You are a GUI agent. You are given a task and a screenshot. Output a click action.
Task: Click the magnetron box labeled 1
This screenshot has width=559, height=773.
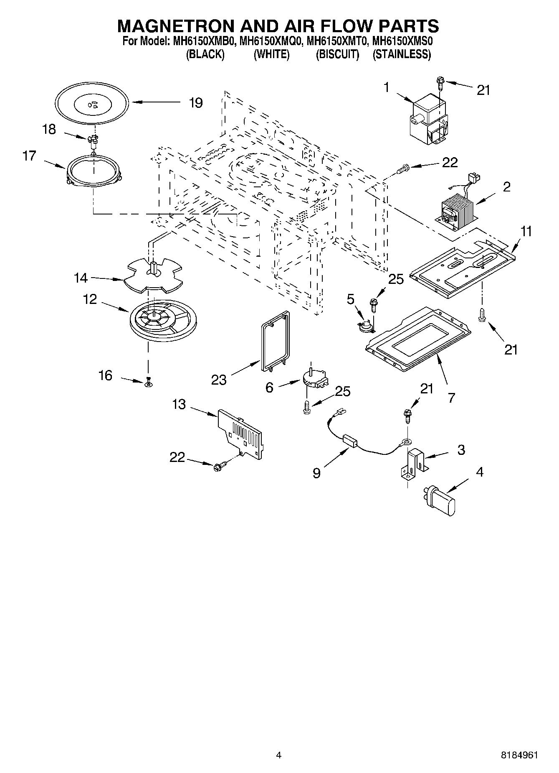pyautogui.click(x=428, y=119)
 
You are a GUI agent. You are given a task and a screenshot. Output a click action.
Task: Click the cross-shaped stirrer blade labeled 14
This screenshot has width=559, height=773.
pyautogui.click(x=155, y=276)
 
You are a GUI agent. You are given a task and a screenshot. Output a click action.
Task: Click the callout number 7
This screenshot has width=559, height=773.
pyautogui.click(x=451, y=397)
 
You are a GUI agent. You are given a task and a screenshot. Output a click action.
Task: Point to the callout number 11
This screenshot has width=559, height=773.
pyautogui.click(x=526, y=231)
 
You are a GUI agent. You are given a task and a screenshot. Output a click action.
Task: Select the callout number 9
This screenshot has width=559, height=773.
pyautogui.click(x=316, y=473)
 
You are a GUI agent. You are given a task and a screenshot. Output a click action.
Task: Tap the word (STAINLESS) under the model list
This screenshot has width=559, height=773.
pyautogui.click(x=401, y=55)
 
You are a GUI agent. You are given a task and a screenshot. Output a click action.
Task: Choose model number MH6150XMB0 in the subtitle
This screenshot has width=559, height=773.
pyautogui.click(x=204, y=42)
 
